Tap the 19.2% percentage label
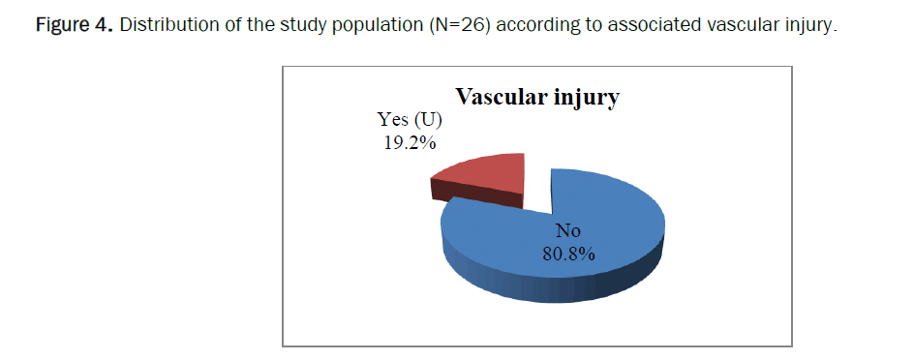pos(410,141)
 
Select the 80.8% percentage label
pos(568,254)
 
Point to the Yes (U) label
pos(410,120)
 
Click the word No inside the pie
pos(568,231)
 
